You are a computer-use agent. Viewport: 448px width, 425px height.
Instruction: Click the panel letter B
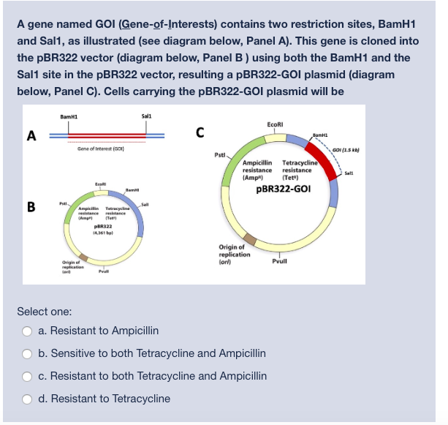point(31,206)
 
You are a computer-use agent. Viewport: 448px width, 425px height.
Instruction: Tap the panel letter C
point(200,132)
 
